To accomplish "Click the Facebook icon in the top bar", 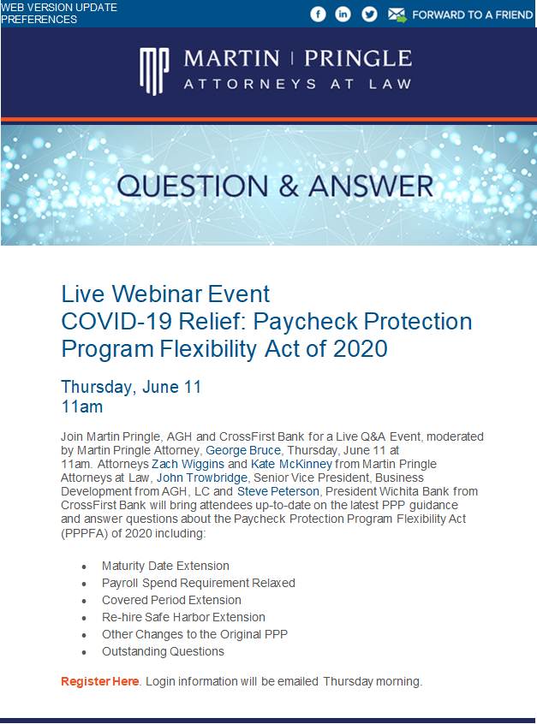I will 318,14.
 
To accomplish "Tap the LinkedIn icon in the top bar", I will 343,14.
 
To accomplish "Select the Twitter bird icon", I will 369,14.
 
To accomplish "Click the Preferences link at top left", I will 39,19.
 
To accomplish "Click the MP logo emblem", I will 155,68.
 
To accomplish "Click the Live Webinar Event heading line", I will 165,294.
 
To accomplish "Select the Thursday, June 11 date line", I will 131,386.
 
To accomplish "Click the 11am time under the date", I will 82,406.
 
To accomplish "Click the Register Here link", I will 99,681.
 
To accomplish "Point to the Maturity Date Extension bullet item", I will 165,566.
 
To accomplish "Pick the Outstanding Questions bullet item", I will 163,651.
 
